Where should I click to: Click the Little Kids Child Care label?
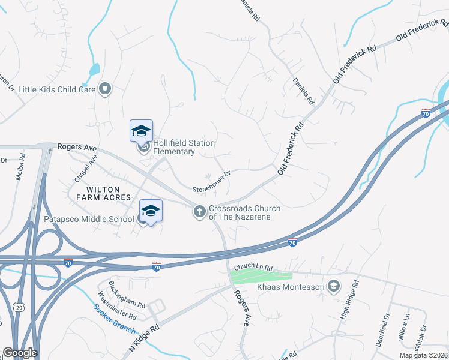point(57,89)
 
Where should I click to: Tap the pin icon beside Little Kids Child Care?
point(106,89)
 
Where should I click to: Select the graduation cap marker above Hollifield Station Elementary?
point(142,130)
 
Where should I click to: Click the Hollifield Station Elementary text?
point(184,147)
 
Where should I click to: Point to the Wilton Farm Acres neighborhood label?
point(103,193)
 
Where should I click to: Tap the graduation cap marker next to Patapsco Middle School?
point(151,211)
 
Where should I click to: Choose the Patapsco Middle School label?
point(89,219)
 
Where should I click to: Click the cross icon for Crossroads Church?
point(199,211)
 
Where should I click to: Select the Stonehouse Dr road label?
point(211,181)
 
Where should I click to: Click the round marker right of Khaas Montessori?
point(334,287)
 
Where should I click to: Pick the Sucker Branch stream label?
point(115,319)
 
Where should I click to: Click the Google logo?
point(20,353)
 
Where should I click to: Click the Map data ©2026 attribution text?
point(423,355)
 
